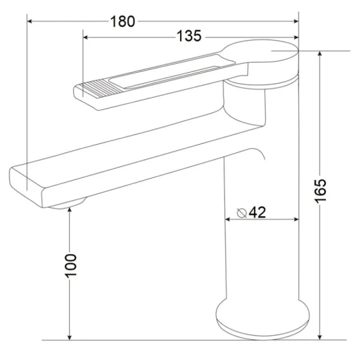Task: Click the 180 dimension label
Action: point(123,21)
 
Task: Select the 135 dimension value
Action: point(189,36)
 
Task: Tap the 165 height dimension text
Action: point(321,191)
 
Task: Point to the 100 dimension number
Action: point(71,266)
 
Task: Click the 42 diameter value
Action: point(258,212)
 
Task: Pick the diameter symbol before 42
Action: point(242,213)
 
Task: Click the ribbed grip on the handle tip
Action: point(100,88)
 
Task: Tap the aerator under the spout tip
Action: point(67,204)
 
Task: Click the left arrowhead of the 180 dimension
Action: point(30,21)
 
